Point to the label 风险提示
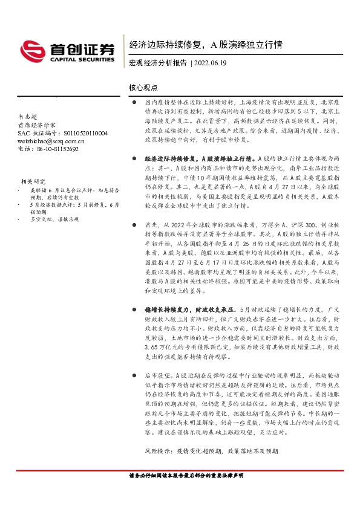(x=159, y=451)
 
